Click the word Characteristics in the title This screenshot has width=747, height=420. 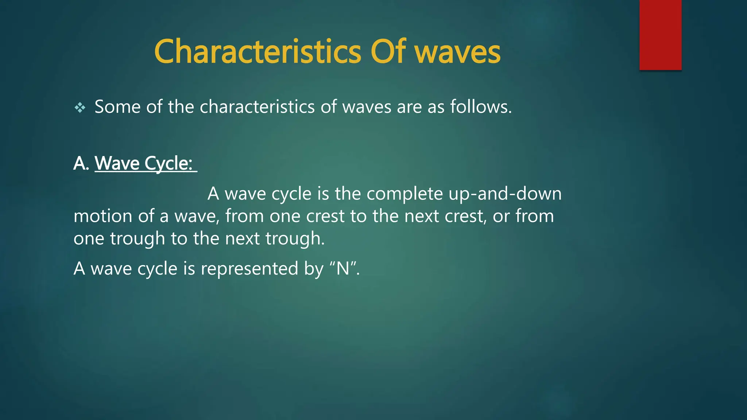click(x=257, y=52)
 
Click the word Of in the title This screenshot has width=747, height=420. click(x=388, y=52)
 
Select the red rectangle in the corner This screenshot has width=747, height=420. click(x=660, y=35)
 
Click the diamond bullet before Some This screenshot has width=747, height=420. click(x=80, y=108)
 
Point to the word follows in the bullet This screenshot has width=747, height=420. click(x=480, y=107)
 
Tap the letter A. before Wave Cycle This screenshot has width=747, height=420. click(x=81, y=163)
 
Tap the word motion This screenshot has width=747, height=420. click(x=102, y=216)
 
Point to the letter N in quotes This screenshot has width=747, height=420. click(x=343, y=269)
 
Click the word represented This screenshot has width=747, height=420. click(x=249, y=269)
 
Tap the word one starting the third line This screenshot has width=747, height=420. click(x=89, y=239)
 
